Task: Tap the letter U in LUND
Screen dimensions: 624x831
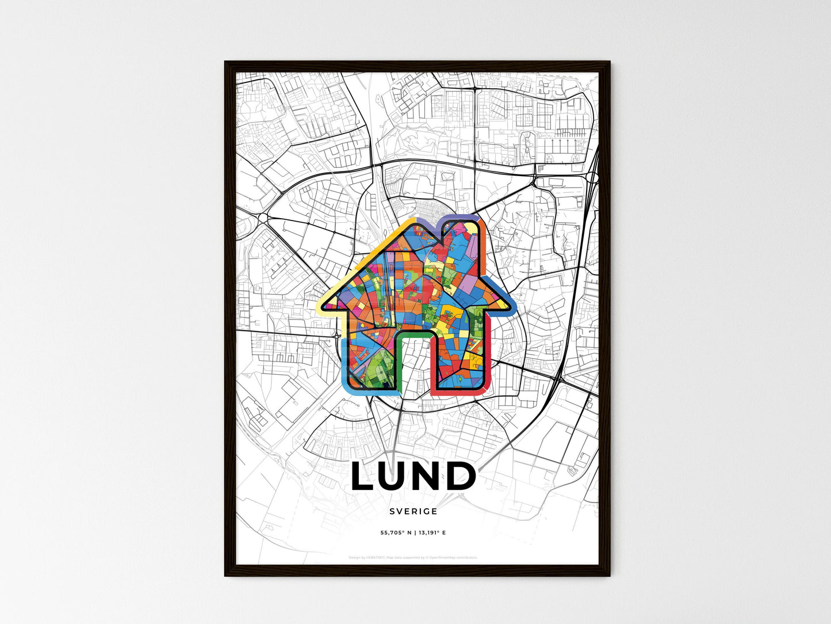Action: coord(396,477)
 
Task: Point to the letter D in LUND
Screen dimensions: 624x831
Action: coord(462,477)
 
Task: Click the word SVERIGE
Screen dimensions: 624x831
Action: coord(413,511)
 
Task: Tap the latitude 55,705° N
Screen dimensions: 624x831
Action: coord(396,533)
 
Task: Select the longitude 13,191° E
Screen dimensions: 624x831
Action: coord(432,533)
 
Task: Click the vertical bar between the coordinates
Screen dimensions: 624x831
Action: coord(415,533)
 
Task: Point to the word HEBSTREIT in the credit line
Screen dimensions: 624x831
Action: coord(376,557)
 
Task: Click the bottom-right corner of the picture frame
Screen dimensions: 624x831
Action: coord(609,575)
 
